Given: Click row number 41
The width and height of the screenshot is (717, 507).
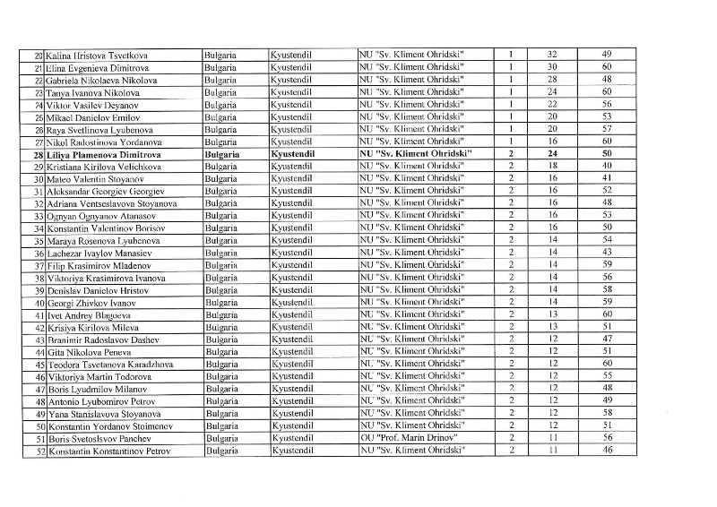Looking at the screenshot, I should pyautogui.click(x=39, y=315).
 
